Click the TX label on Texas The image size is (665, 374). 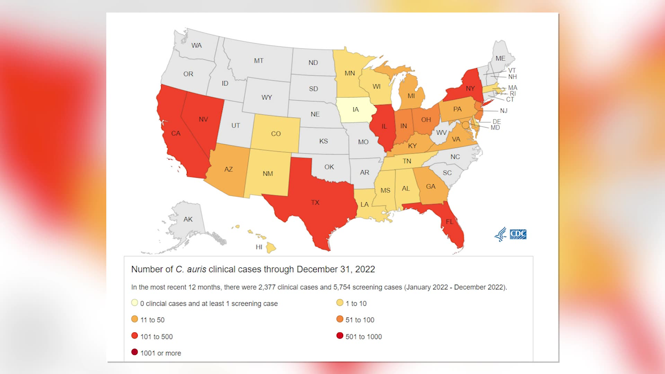315,203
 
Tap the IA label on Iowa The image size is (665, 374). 355,109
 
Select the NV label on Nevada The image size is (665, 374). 203,119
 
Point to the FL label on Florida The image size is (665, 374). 450,222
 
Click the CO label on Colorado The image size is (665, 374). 276,134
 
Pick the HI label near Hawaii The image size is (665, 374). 259,247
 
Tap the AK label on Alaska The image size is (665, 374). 188,219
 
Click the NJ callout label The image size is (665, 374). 504,111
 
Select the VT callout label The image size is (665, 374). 512,70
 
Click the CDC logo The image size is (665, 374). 518,234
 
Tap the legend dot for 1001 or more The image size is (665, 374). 135,352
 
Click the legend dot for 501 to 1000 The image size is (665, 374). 340,336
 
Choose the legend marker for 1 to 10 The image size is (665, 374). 340,303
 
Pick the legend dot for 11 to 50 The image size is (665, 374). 135,319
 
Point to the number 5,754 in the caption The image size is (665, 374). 342,287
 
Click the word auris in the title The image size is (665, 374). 196,269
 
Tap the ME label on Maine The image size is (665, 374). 500,59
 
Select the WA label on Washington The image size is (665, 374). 196,45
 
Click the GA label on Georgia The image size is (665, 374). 431,187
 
